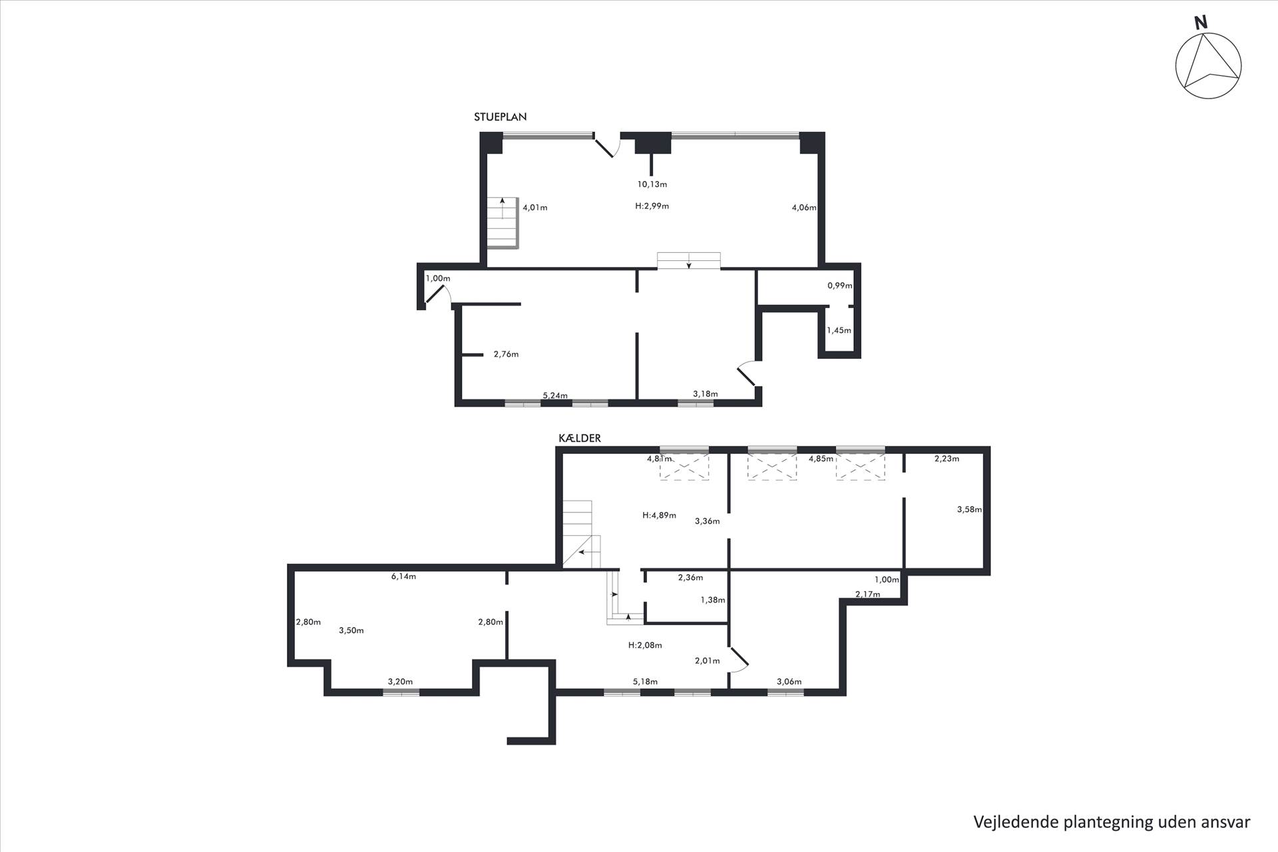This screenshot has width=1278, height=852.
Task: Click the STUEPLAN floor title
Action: click(500, 117)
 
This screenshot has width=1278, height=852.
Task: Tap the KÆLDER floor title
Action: click(579, 438)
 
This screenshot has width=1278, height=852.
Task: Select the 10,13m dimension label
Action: click(652, 184)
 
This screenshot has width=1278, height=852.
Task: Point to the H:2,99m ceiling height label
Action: click(652, 206)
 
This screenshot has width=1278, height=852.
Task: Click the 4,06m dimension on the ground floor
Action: click(804, 208)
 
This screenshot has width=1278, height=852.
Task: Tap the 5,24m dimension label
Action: click(555, 395)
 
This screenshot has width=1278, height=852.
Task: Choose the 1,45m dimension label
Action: click(839, 330)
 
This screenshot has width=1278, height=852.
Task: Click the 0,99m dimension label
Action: click(840, 286)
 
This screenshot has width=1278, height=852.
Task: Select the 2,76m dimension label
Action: click(506, 355)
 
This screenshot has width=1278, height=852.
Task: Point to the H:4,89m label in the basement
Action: click(659, 515)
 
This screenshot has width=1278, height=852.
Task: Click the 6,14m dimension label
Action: click(403, 576)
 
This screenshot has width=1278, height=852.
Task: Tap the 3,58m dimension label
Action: click(969, 510)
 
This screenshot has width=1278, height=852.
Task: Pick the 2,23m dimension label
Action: click(947, 459)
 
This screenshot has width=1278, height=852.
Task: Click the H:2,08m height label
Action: click(645, 645)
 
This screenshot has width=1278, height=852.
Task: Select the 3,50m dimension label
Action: click(351, 630)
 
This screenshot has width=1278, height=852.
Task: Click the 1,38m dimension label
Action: click(713, 600)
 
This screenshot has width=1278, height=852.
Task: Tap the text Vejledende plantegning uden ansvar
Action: click(1112, 822)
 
